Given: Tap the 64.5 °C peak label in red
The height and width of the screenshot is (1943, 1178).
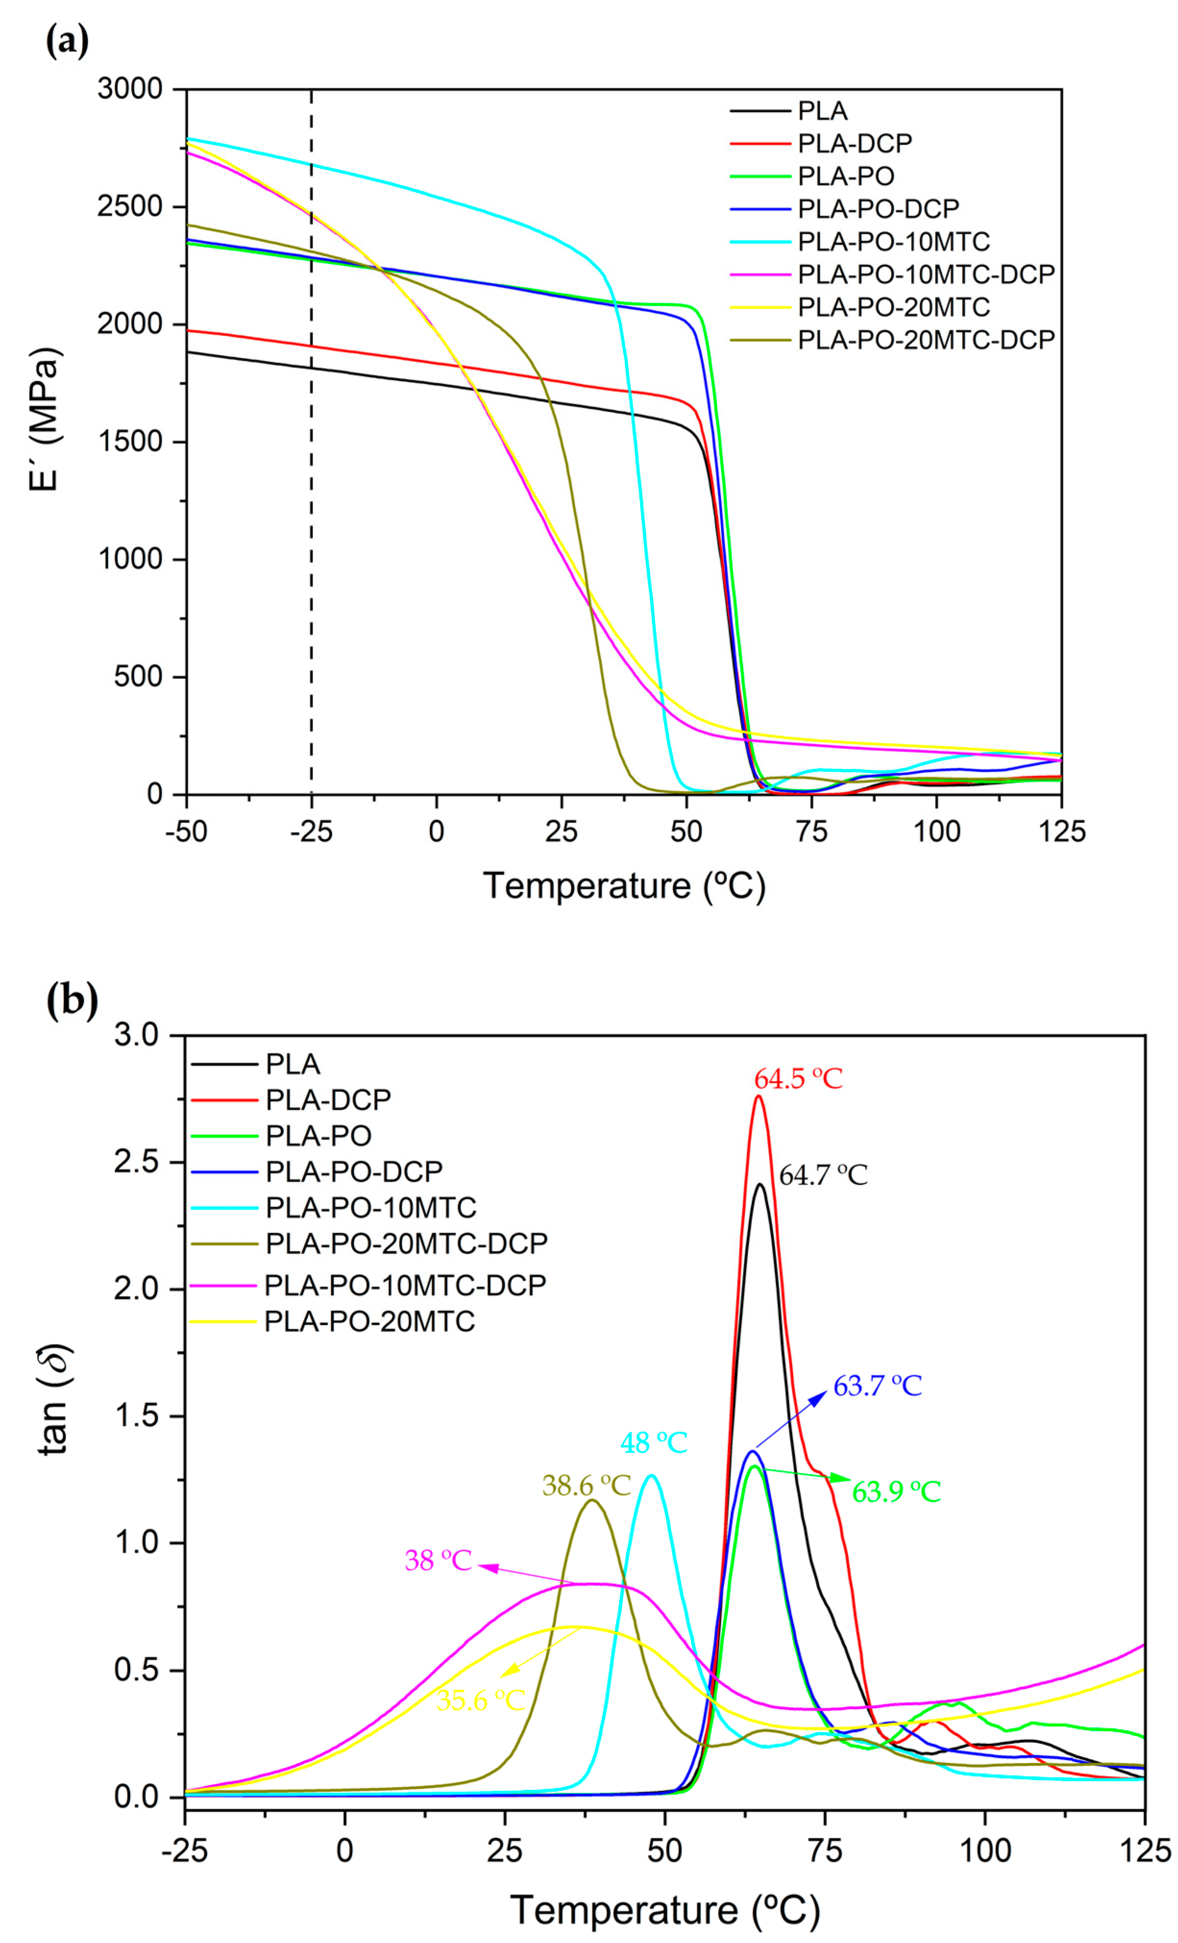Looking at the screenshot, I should [x=798, y=1079].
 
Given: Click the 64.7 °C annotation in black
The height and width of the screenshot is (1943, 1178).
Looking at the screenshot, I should [x=823, y=1175].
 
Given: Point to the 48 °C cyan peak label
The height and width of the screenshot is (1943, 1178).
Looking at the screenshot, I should [x=654, y=1443].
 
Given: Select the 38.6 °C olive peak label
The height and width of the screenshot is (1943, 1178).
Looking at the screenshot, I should [x=587, y=1486].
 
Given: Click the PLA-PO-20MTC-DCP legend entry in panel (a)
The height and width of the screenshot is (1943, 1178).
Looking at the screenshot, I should [x=925, y=340].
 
